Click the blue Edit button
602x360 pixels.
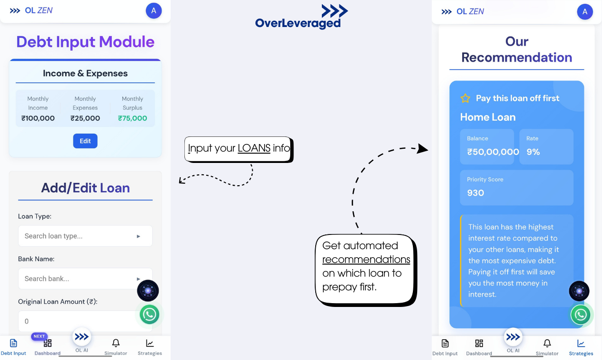(85, 141)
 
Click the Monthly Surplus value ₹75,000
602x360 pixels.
(132, 118)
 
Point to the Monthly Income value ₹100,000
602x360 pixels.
(38, 118)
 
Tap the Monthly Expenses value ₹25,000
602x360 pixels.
(85, 118)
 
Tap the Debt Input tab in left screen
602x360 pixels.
(13, 347)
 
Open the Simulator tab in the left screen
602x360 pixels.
(116, 347)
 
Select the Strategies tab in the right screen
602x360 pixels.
(581, 347)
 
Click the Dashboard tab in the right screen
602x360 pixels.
(479, 347)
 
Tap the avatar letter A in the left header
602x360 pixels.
(154, 10)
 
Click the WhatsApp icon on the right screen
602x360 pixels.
(580, 315)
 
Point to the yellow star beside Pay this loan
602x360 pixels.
(465, 99)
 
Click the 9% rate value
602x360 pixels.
(533, 152)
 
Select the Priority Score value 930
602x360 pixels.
(475, 193)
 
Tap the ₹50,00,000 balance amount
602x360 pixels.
(493, 152)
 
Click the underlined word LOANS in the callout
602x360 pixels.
(254, 148)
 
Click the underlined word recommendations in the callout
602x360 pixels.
(366, 260)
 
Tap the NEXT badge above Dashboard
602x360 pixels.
(39, 336)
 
